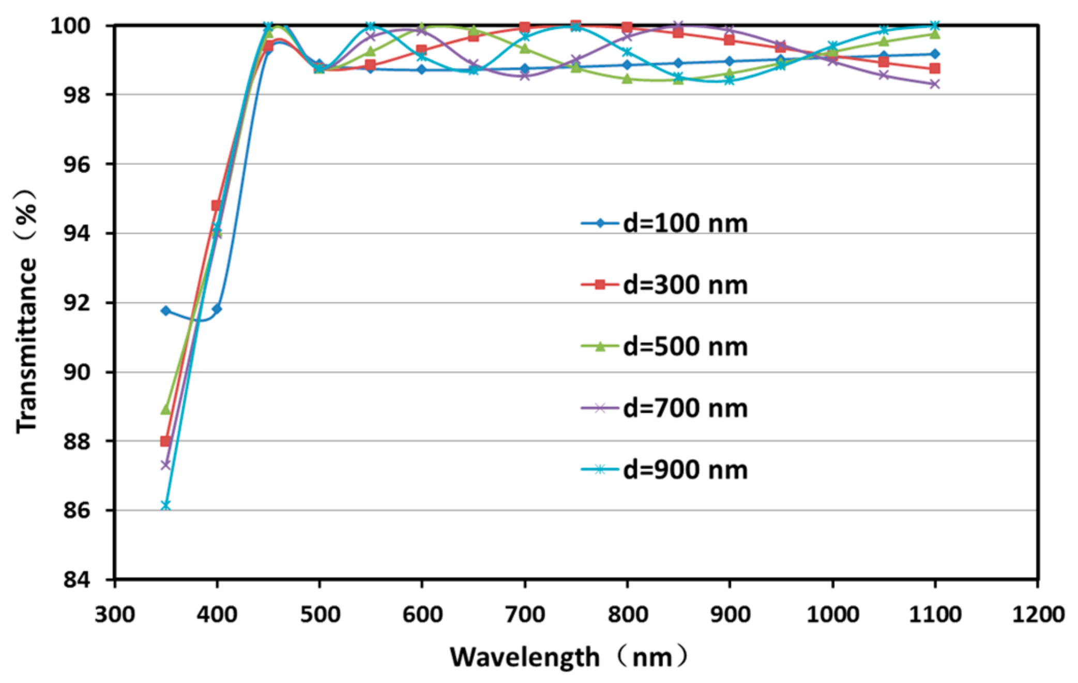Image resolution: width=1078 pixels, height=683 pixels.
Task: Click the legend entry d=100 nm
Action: point(665,224)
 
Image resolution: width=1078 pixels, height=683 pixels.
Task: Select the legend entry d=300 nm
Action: point(665,285)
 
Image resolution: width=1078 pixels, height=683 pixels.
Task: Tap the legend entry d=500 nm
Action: point(665,347)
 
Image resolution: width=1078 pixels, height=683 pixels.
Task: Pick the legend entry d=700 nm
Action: point(665,408)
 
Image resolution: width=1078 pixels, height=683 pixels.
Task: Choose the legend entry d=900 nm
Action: point(665,470)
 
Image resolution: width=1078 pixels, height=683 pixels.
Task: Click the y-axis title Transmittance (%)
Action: point(26,310)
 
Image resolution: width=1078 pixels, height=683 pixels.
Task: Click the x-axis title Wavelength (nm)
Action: point(569,657)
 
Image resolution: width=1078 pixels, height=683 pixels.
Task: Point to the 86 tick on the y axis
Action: point(77,511)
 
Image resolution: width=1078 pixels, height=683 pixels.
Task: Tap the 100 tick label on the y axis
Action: point(70,25)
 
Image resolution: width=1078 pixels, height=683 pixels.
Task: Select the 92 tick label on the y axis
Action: point(77,303)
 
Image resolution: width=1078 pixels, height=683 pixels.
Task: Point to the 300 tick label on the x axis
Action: point(115,615)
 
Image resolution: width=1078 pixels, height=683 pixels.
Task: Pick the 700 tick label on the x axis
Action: point(525,615)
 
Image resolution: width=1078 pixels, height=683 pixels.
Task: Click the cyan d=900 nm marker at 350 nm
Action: point(165,505)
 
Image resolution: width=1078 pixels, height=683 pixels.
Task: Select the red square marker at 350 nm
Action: point(165,441)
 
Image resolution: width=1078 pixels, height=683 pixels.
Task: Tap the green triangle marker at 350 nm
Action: point(165,409)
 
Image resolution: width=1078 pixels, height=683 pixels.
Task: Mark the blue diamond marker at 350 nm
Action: point(165,310)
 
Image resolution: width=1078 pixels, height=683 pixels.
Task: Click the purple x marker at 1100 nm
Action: point(934,84)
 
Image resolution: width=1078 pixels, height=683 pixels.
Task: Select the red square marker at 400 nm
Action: point(217,205)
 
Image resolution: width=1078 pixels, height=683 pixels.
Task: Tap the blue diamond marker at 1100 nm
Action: point(934,54)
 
